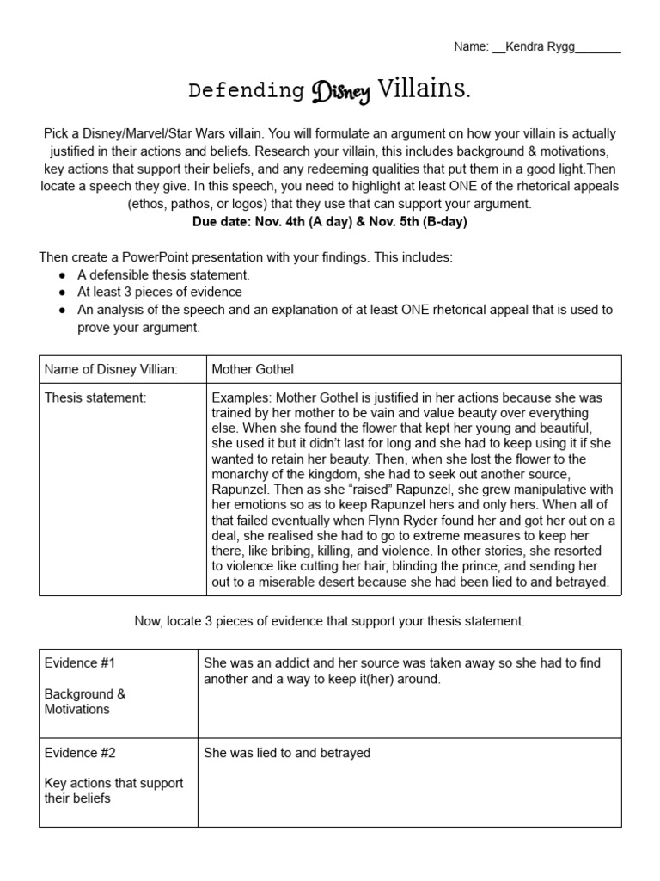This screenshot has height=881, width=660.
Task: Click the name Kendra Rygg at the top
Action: [x=540, y=47]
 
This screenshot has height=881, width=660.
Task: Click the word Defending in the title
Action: [x=246, y=91]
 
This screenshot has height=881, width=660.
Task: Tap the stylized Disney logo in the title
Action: [x=341, y=92]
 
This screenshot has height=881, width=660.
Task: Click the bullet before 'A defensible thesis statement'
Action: [x=62, y=275]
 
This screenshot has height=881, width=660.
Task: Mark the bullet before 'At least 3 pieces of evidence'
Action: [x=62, y=293]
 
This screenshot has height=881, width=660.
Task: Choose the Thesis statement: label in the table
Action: [x=95, y=397]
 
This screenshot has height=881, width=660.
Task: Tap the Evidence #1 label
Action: [x=79, y=662]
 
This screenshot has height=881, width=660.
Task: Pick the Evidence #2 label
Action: [x=79, y=753]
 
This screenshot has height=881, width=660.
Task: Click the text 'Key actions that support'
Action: [x=113, y=783]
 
